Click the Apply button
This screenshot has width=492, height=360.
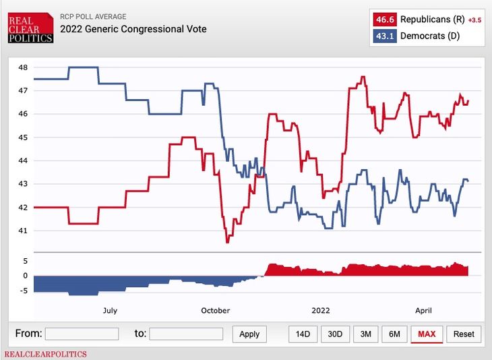(249, 334)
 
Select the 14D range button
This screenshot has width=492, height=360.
(303, 334)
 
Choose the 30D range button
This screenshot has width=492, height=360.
(335, 334)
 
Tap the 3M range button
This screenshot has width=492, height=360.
(365, 334)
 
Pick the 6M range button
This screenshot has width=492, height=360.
(394, 334)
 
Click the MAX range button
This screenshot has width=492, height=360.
(427, 334)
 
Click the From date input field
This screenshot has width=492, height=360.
(82, 334)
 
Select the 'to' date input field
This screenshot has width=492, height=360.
(186, 334)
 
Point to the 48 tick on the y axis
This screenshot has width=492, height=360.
(23, 67)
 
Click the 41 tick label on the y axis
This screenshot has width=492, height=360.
(23, 231)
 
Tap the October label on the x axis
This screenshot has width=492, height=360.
(216, 311)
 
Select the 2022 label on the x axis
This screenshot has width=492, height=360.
(321, 311)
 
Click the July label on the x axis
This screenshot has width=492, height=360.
(110, 311)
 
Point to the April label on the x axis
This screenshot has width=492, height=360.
(423, 311)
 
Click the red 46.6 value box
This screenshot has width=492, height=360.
(384, 20)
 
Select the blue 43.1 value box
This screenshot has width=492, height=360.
(384, 36)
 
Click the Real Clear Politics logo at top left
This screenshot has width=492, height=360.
(30, 28)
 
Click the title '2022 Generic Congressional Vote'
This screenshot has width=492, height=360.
(133, 29)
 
